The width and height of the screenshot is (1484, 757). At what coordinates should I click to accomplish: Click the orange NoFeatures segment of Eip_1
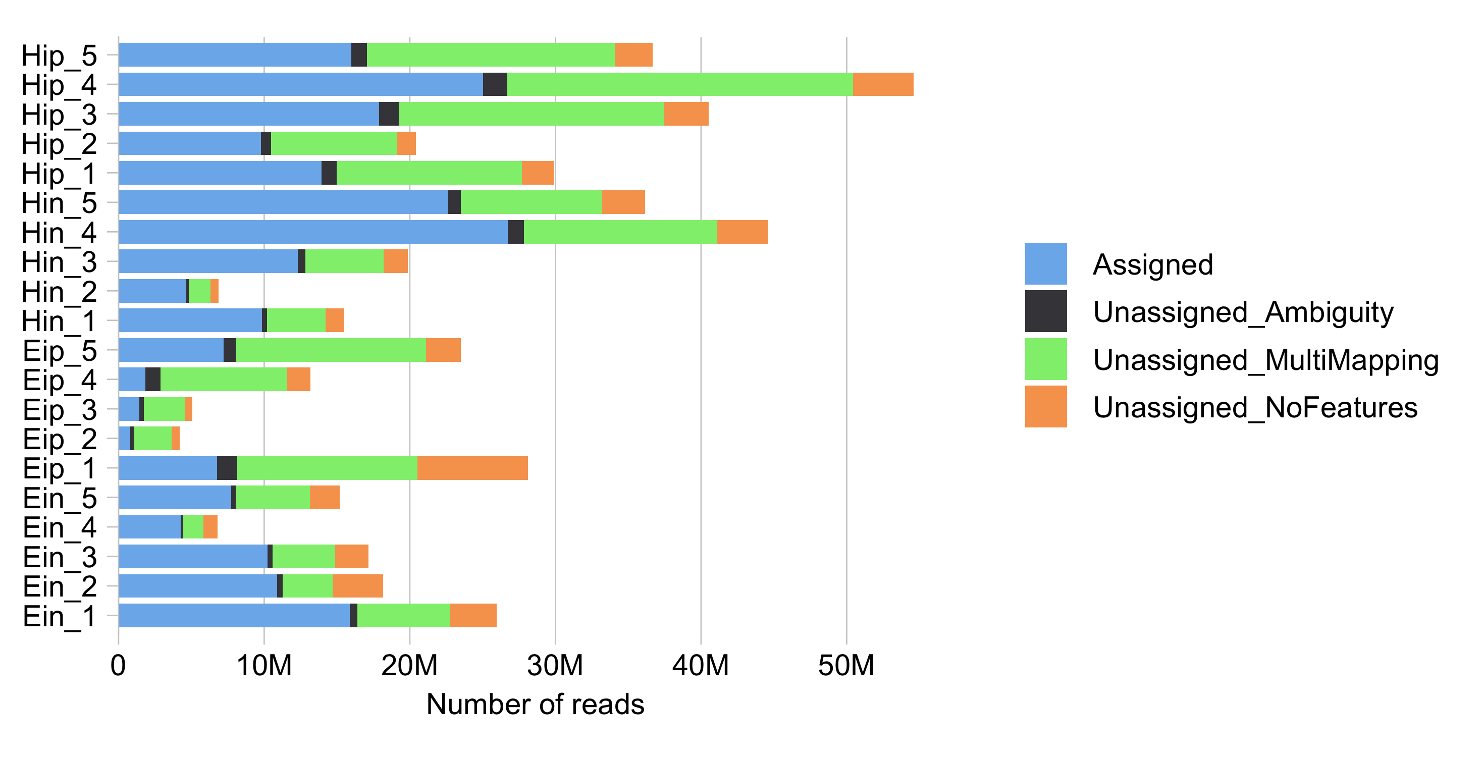click(x=472, y=468)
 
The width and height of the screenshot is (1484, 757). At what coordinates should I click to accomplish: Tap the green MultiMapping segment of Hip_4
click(x=680, y=84)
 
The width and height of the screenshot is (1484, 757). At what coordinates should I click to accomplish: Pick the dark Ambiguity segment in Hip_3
click(x=389, y=114)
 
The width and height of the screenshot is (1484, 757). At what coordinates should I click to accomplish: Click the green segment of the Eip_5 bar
click(x=331, y=350)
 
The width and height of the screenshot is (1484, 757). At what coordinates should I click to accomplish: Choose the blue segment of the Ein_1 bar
click(x=234, y=615)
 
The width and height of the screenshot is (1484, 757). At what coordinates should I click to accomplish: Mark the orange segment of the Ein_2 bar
click(x=358, y=586)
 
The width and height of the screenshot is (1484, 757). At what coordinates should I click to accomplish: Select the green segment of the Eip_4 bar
click(x=224, y=379)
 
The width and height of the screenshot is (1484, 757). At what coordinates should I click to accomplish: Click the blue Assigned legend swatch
click(x=1045, y=264)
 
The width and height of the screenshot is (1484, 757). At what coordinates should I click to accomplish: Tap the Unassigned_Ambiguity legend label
click(x=1243, y=312)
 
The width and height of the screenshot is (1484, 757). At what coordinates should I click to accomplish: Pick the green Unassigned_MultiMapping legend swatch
click(x=1045, y=359)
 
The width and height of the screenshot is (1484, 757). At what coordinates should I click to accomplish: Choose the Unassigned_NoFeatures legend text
click(x=1255, y=407)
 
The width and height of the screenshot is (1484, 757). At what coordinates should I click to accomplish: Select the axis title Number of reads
click(x=535, y=704)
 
